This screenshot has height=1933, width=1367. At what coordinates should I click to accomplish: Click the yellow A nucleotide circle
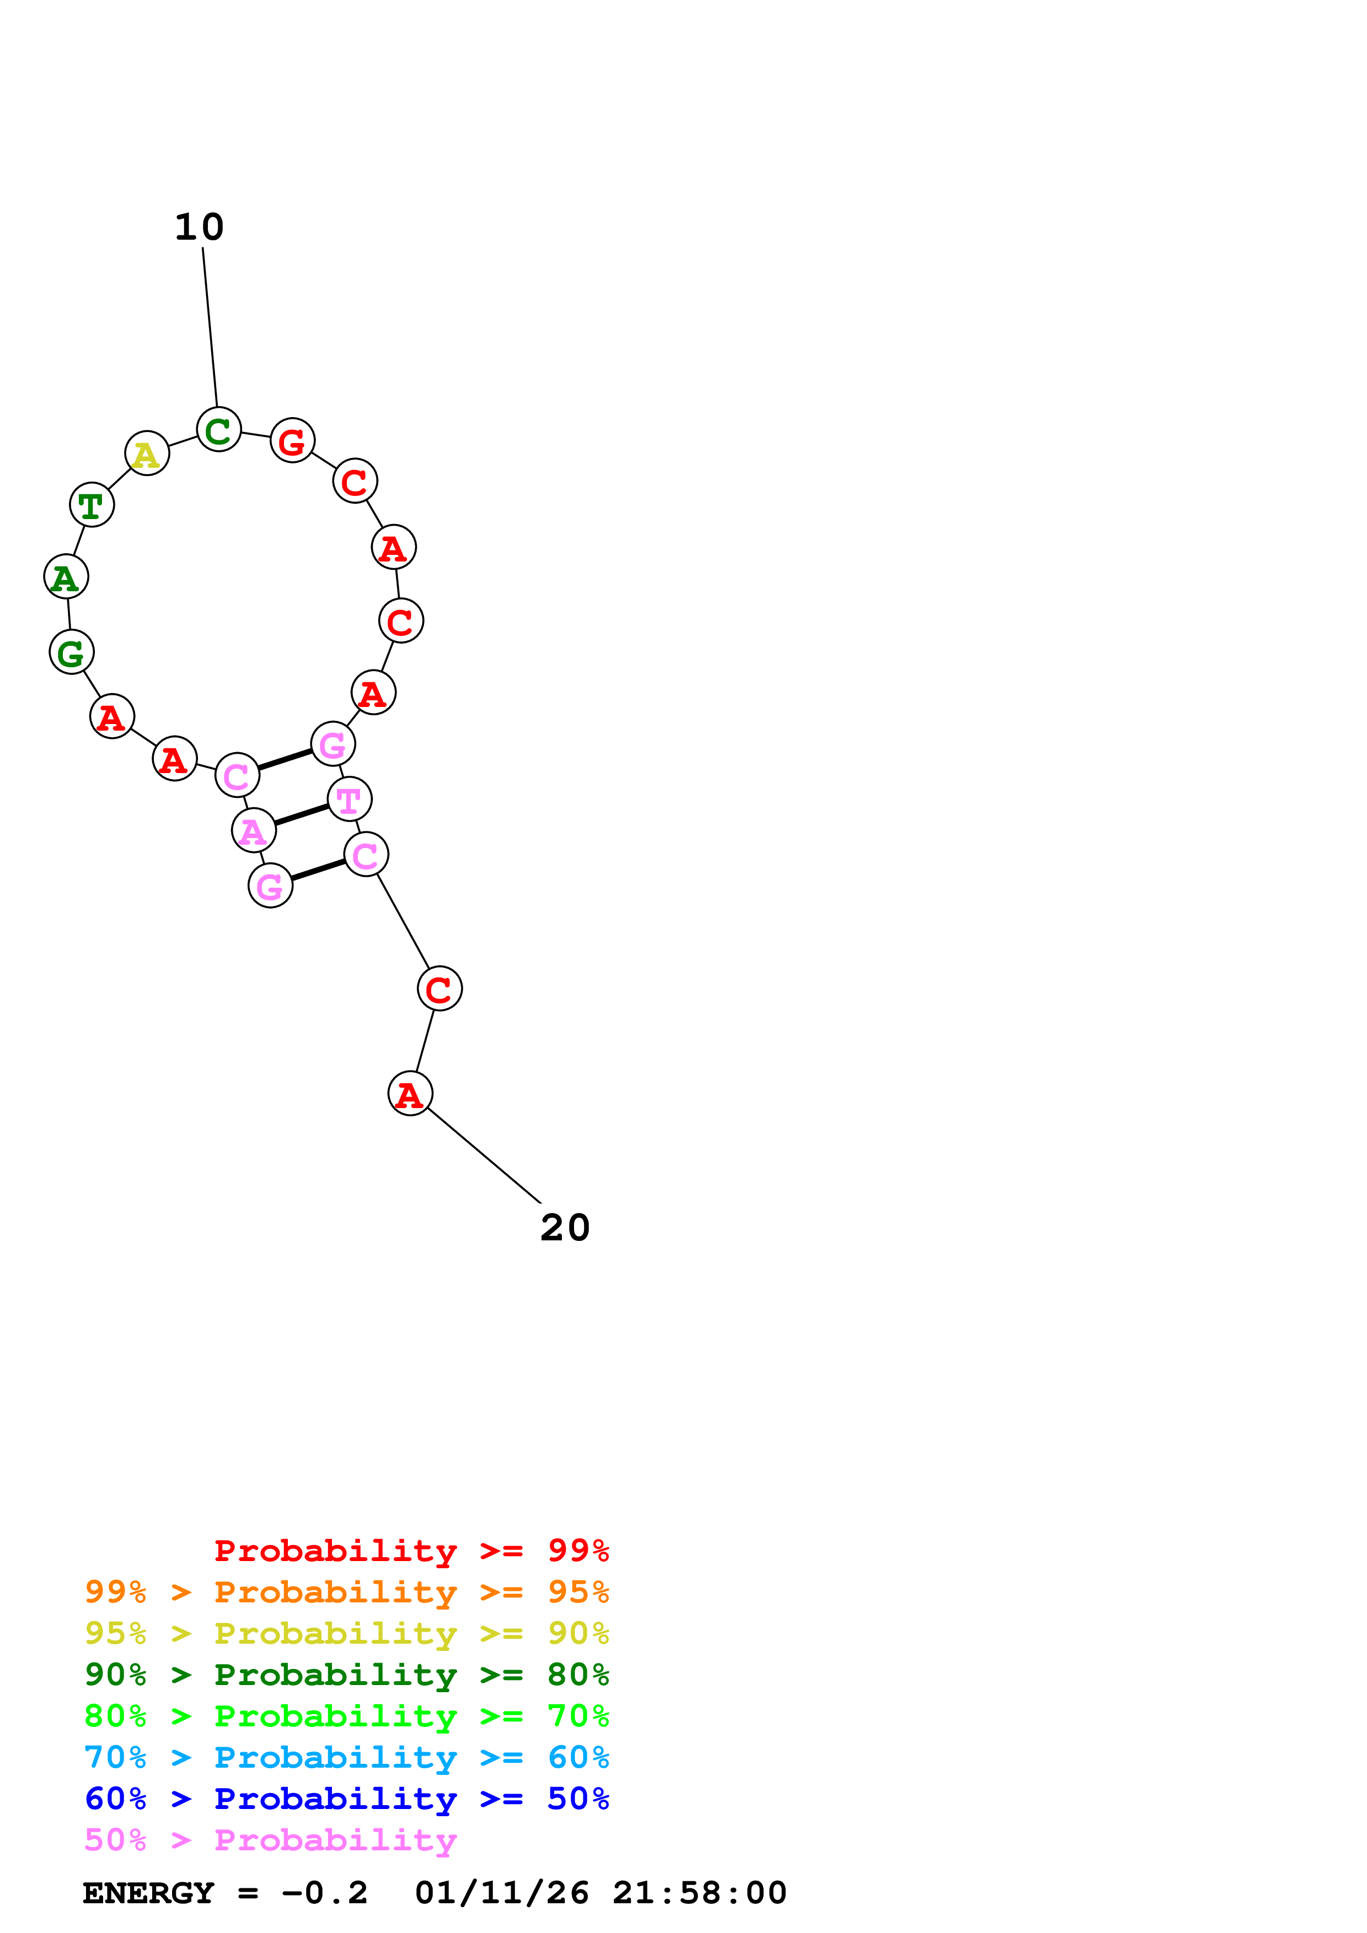[x=147, y=454]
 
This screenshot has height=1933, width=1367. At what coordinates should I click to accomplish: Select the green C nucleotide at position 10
[x=218, y=430]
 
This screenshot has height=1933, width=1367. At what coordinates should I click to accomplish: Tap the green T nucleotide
[x=91, y=505]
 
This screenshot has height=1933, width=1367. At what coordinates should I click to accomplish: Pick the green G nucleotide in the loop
[x=71, y=652]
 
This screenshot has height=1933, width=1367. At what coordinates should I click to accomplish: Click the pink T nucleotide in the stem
[x=349, y=800]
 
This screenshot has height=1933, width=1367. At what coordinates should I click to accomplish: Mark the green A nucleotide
[x=66, y=577]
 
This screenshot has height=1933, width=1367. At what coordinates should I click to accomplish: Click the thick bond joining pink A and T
[x=301, y=815]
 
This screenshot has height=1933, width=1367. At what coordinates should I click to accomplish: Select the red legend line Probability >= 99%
[x=411, y=1551]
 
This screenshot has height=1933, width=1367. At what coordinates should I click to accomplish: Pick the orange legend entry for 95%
[x=346, y=1592]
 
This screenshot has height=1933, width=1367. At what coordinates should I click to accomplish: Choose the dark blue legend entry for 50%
[x=346, y=1799]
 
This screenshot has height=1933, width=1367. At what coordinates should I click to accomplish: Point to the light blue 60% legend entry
[x=346, y=1757]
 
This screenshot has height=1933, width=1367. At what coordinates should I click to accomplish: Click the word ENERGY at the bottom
[x=148, y=1893]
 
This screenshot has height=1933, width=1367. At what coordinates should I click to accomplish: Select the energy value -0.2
[x=324, y=1893]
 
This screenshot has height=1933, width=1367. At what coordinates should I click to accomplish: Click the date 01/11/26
[x=502, y=1893]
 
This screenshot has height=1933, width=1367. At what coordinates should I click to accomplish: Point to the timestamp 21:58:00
[x=699, y=1893]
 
